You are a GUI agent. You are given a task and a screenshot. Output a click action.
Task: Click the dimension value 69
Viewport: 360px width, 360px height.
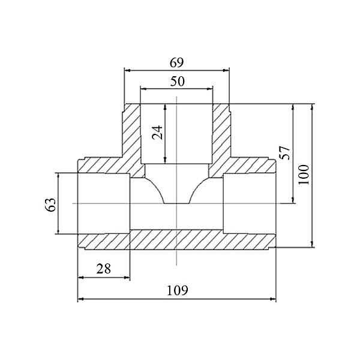point(177,62)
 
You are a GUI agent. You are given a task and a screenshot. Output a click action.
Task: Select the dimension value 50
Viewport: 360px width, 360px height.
point(177,81)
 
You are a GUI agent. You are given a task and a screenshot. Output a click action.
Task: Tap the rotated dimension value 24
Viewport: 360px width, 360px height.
point(157,133)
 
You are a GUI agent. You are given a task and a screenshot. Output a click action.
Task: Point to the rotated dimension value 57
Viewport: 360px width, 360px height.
point(285,152)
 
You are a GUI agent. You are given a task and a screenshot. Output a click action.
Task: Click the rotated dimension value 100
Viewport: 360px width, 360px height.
point(304,175)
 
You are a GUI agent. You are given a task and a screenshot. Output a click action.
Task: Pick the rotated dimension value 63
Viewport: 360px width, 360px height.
point(50,205)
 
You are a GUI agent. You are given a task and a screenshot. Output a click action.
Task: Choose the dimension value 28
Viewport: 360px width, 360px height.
point(104,269)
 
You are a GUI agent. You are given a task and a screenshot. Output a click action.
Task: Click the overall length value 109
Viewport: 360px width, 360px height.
point(177,290)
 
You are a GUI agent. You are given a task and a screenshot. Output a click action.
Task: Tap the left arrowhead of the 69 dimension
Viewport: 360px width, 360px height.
point(127,70)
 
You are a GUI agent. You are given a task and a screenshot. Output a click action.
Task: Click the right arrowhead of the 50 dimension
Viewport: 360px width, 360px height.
point(210,89)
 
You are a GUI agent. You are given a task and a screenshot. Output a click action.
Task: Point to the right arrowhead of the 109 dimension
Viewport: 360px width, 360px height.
point(273,299)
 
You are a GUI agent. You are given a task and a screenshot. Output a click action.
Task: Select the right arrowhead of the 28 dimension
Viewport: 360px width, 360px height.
point(127,278)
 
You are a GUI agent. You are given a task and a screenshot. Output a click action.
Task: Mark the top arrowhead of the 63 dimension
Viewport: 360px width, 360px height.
point(58,176)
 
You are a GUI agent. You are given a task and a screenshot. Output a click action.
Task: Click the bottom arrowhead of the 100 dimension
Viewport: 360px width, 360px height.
point(312,244)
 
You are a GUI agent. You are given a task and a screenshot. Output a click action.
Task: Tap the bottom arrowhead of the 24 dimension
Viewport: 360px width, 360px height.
point(166,160)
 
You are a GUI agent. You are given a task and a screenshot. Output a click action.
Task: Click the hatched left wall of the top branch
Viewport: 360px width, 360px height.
point(131,131)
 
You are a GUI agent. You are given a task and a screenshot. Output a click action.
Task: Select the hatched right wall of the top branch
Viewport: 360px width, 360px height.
point(221,131)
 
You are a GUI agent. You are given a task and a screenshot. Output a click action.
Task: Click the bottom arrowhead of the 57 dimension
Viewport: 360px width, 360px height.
point(293,200)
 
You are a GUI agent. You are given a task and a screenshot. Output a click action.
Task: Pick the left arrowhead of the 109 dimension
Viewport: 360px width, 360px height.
point(81,299)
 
